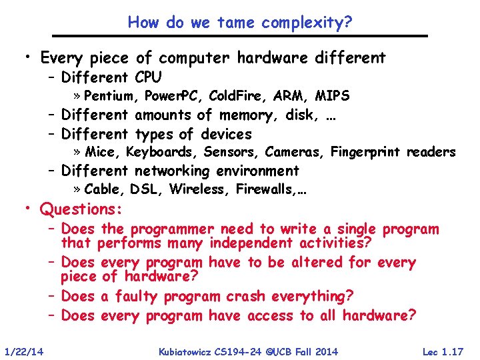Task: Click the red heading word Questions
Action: tap(81, 209)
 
